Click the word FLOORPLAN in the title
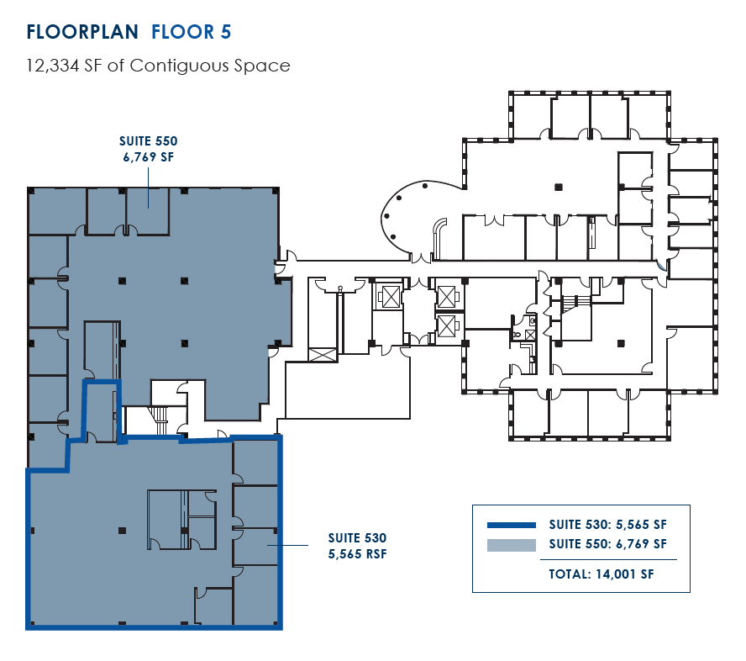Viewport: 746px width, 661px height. (x=82, y=32)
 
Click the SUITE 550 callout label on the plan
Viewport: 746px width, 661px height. (x=148, y=141)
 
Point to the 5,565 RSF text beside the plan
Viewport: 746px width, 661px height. (x=357, y=554)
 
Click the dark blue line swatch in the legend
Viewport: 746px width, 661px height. (x=511, y=524)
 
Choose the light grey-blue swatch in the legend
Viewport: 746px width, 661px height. (x=511, y=545)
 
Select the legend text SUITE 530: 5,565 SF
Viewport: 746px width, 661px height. (x=607, y=523)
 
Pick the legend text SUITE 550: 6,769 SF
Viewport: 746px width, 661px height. (x=607, y=544)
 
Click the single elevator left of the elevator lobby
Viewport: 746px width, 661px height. (x=391, y=298)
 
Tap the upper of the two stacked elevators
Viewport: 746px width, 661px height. (x=446, y=296)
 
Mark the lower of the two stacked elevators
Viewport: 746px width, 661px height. (x=446, y=325)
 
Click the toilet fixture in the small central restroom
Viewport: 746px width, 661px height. (x=517, y=335)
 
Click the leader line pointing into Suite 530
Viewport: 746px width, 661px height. (x=290, y=545)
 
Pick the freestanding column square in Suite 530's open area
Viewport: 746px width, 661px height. (x=123, y=530)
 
